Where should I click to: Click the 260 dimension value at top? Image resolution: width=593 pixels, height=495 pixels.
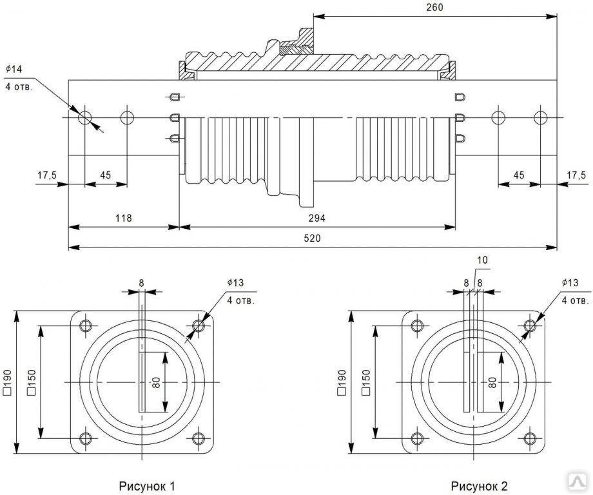pos(435,6)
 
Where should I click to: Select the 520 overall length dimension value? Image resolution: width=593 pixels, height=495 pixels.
pos(313,238)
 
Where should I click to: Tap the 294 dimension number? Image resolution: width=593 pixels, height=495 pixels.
pos(317,218)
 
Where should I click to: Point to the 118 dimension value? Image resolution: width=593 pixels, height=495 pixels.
pos(123,218)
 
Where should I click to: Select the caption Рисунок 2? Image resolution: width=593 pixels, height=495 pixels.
pos(480,485)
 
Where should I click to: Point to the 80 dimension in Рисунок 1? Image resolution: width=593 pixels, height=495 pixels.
pos(157,383)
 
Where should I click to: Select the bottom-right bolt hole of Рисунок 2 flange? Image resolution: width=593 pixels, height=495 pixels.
pos(530,438)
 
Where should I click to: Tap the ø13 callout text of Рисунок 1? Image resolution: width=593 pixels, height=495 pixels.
pos(235,283)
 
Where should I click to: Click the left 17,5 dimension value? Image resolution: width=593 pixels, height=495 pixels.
pos(46,175)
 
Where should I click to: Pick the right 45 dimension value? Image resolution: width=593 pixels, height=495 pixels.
pos(518,175)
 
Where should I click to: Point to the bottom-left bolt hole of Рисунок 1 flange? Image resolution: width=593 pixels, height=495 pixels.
pos(85,438)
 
